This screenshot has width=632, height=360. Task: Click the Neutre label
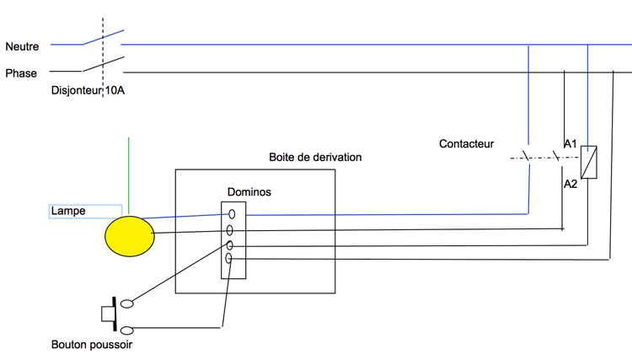point(22,46)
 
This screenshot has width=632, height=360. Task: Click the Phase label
point(21,73)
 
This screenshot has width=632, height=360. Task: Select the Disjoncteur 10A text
point(88,90)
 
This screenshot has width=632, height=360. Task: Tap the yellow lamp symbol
point(130,236)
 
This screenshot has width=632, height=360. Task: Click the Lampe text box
point(85,212)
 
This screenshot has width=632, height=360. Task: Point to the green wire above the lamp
point(129,175)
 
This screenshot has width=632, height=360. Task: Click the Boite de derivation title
point(315,157)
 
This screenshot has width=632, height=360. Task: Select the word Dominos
point(249,192)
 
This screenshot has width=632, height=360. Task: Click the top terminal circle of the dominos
point(232,213)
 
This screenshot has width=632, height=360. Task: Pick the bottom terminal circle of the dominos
point(228,258)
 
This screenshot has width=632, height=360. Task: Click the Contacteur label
point(466,144)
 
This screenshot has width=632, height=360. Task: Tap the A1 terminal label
point(570,143)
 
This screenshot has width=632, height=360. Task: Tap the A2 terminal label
point(570,184)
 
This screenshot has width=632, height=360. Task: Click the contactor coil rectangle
point(588,162)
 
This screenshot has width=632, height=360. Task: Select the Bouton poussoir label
point(92,345)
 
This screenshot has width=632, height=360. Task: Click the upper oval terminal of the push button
point(127,304)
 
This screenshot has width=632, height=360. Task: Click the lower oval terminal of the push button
point(127,330)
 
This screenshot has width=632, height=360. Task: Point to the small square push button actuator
point(108,314)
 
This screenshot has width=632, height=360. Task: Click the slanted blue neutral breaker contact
point(103,37)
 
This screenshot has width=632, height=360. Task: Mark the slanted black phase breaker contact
point(103,64)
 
